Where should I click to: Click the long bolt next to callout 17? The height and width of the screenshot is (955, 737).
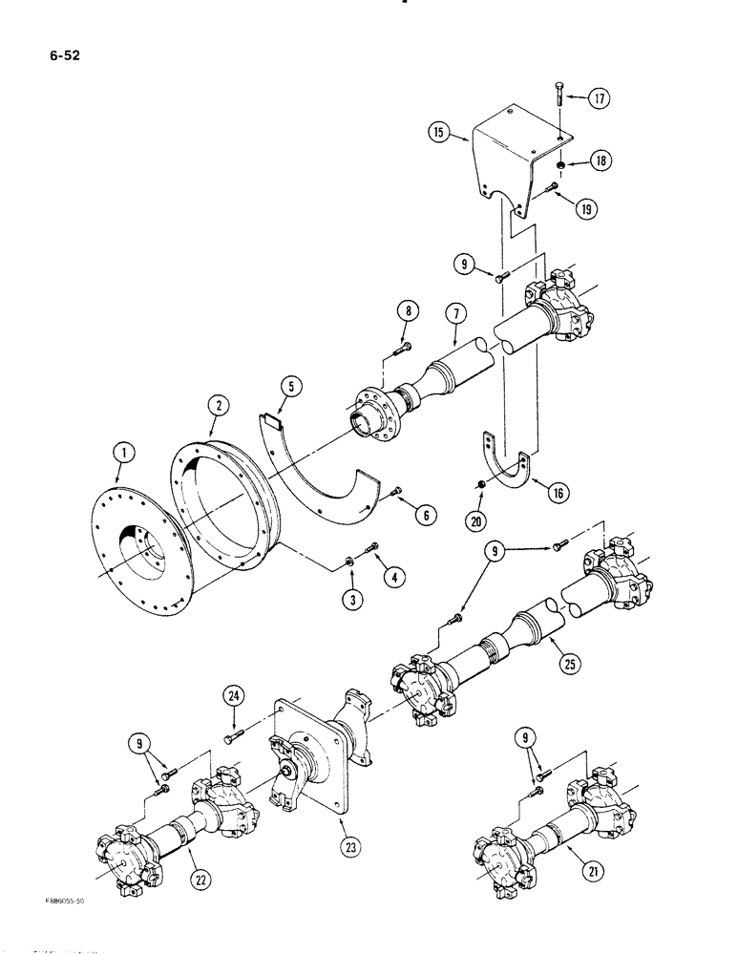[556, 108]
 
